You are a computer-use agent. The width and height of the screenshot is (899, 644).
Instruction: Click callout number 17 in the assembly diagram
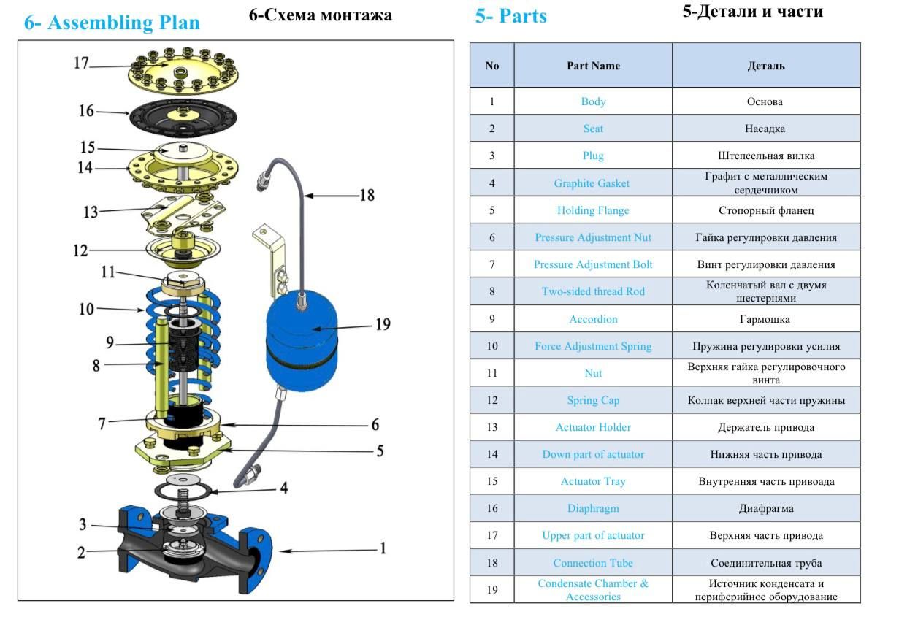(81, 64)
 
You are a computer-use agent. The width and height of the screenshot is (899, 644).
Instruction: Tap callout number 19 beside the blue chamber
(383, 324)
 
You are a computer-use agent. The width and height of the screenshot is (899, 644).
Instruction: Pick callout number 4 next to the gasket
(283, 487)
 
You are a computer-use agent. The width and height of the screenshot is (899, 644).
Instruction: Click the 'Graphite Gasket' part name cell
(592, 183)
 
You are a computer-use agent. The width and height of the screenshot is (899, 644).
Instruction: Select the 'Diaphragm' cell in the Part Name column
(592, 508)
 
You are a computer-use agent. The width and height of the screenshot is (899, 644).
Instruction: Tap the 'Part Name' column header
(592, 66)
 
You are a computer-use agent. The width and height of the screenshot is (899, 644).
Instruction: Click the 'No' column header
(491, 66)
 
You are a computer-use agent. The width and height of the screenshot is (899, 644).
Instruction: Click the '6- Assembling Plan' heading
(112, 23)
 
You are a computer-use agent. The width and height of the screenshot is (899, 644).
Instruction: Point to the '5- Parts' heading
(510, 16)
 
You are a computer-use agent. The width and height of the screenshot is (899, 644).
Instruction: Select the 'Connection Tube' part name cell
(592, 563)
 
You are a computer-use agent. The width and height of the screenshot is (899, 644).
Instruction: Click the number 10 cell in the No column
(491, 346)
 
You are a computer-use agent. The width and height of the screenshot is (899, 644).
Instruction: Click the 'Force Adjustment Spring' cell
(592, 346)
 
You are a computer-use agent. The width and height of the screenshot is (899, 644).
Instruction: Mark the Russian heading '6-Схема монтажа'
(320, 15)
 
